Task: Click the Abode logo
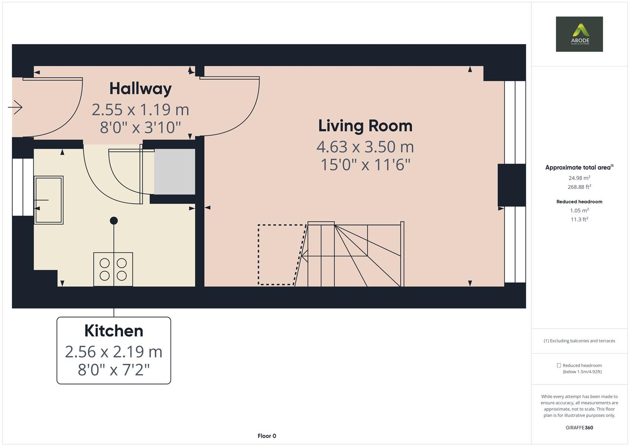(579, 34)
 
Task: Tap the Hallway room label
(140, 88)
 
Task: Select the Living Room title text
(365, 126)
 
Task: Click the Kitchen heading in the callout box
(113, 331)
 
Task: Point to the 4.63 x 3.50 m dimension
(365, 147)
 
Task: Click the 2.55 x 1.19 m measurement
(140, 109)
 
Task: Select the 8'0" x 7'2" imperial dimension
(113, 370)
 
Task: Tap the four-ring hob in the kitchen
(113, 269)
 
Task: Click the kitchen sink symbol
(49, 200)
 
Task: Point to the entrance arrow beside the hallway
(15, 107)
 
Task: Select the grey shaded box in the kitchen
(175, 172)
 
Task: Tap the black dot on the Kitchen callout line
(114, 221)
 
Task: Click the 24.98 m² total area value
(579, 178)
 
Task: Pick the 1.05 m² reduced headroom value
(579, 210)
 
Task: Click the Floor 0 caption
(267, 436)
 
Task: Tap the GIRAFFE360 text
(579, 427)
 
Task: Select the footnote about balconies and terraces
(579, 341)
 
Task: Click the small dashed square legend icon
(559, 365)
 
